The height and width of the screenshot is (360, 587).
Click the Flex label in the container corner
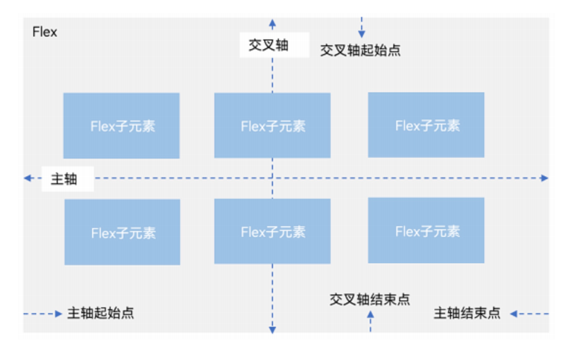(45, 33)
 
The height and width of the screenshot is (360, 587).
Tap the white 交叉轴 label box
(269, 45)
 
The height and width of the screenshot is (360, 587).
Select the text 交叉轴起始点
(360, 50)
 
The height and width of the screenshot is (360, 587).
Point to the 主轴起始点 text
(101, 313)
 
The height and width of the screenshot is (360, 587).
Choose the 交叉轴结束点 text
(370, 298)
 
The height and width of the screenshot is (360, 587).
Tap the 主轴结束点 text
(467, 313)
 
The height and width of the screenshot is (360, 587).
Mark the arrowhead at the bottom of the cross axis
(272, 330)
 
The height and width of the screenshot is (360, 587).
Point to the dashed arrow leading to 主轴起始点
(43, 314)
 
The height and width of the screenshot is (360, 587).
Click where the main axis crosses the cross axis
(272, 177)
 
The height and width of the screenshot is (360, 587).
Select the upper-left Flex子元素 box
(121, 125)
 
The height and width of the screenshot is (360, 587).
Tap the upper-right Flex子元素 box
(426, 125)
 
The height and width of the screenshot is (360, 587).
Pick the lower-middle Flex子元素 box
(272, 232)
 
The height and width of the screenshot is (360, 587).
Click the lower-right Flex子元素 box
(426, 230)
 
